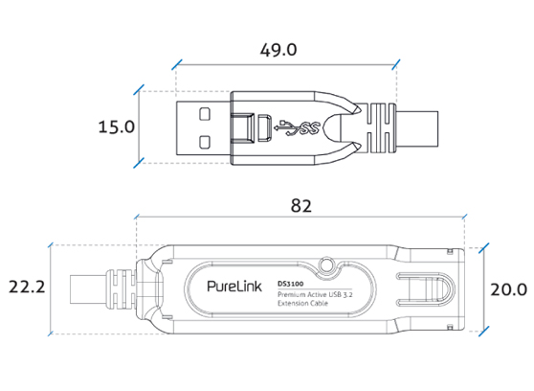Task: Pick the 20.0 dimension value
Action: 509,288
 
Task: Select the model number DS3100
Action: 290,282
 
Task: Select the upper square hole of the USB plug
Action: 204,111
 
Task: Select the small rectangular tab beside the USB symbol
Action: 257,126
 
